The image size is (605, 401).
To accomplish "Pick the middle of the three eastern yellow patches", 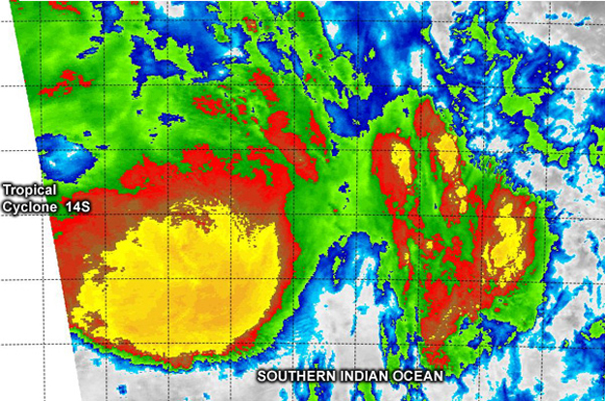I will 447,155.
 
